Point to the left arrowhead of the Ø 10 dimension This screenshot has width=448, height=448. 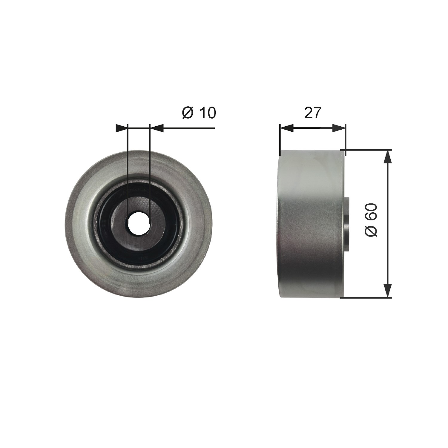(122, 128)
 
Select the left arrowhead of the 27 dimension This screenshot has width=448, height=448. (286, 128)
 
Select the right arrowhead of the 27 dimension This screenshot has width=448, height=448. (338, 128)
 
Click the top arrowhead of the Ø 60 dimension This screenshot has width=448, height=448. (388, 157)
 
